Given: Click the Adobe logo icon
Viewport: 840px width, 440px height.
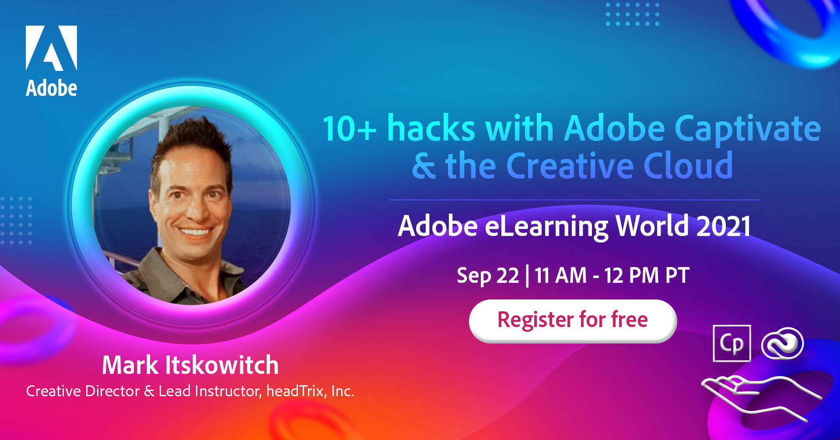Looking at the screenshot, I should click(51, 48).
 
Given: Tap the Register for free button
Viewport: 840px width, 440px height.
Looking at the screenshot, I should click(573, 320).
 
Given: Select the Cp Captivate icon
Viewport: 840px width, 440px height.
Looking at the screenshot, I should click(731, 343).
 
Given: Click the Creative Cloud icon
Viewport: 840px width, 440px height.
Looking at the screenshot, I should click(782, 344).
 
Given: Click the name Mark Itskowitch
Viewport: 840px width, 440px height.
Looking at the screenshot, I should click(190, 365).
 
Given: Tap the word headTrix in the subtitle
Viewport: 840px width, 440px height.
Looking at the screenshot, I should click(295, 391).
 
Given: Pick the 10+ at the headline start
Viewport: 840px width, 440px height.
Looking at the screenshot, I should click(349, 129).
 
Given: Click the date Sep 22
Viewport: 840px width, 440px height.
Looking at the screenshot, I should click(487, 276).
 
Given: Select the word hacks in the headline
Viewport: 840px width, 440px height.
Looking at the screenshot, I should click(431, 129).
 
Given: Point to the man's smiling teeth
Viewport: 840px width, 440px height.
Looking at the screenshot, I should click(195, 232).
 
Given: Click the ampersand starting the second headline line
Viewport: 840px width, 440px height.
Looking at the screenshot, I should click(424, 166).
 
